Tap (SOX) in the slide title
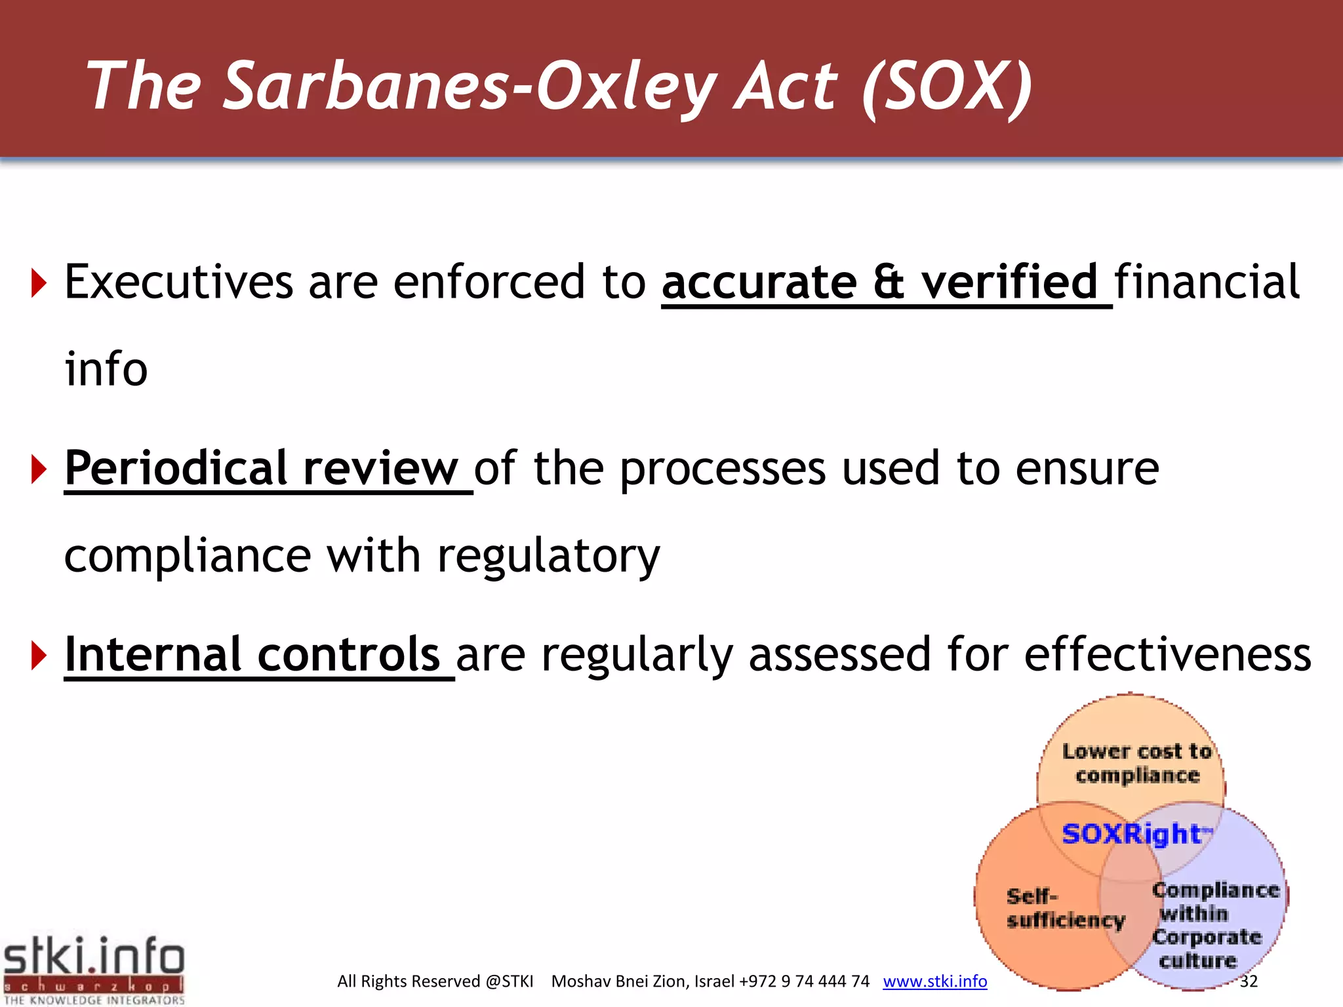tap(947, 87)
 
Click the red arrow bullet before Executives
tap(39, 283)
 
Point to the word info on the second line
tap(106, 369)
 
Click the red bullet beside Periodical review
tap(39, 469)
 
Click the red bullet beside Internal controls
tap(39, 656)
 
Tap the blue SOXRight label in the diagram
tap(1133, 834)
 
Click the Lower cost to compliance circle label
tap(1136, 763)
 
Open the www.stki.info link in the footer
tap(934, 981)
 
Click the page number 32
tap(1249, 981)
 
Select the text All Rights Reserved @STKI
tap(435, 981)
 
